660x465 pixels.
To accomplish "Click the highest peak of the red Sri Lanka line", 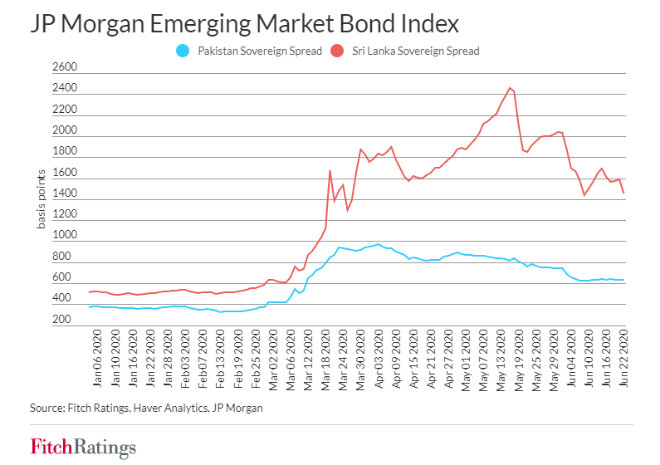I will (511, 88).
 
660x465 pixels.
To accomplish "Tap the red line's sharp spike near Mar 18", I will (330, 171).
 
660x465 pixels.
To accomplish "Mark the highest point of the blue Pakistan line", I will (378, 244).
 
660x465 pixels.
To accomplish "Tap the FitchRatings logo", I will (82, 448).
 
